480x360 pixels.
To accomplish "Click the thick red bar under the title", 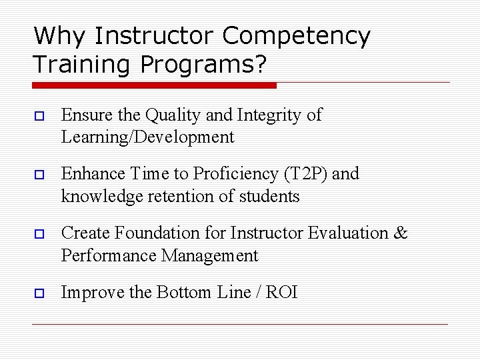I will pos(154,85).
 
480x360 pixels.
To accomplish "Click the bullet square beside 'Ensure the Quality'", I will pos(37,116).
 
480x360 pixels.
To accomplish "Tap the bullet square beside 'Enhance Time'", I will pos(37,175).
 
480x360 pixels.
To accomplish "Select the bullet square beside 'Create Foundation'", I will pos(37,234).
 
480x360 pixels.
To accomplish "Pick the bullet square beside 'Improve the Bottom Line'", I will pos(37,293).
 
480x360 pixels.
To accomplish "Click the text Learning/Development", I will pos(147,138).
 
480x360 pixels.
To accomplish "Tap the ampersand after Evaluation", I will pos(401,233).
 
